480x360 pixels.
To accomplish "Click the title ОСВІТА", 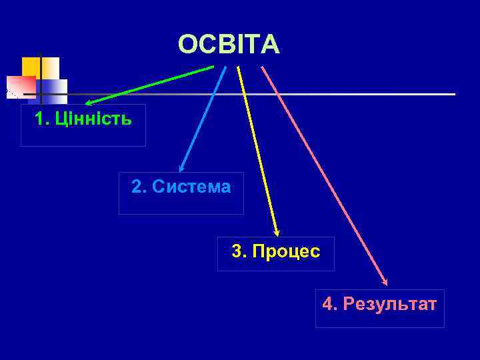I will coord(229,45).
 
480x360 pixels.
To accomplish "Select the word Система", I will coord(191,187).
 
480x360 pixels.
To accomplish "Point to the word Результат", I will coord(389,305).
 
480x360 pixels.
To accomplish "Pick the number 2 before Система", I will coord(137,187).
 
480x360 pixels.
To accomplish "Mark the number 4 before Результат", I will coord(327,305).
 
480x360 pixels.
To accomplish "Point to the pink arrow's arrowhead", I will coord(385,282).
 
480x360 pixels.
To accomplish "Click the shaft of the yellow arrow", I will coord(256,147).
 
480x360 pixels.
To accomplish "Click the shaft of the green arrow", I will coord(153,84).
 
